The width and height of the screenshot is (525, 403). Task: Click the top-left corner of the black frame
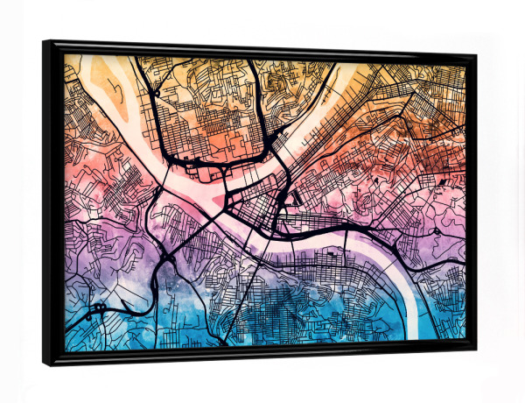point(44,41)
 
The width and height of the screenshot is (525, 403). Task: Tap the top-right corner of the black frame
point(476,54)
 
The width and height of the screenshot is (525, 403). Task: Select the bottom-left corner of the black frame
point(44,364)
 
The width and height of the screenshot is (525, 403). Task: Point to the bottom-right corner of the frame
point(476,349)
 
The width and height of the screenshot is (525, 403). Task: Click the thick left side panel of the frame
point(52,201)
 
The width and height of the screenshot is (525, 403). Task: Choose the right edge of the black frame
point(472,201)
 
